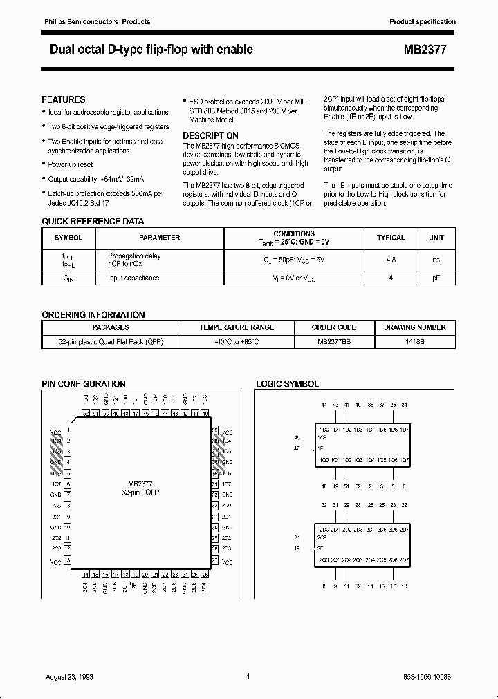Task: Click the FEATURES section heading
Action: point(64,99)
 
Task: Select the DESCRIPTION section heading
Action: point(210,135)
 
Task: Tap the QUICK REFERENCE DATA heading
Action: point(93,222)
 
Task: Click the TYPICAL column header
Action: point(391,238)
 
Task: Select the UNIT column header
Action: point(436,238)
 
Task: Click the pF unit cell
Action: point(436,278)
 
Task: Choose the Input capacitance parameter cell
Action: point(133,278)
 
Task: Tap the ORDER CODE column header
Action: point(334,327)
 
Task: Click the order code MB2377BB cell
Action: point(334,342)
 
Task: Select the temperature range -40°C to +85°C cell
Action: point(237,342)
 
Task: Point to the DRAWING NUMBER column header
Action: point(415,327)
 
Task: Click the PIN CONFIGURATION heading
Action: point(84,384)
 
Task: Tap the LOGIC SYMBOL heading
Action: point(288,384)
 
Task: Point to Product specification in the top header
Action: point(422,22)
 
